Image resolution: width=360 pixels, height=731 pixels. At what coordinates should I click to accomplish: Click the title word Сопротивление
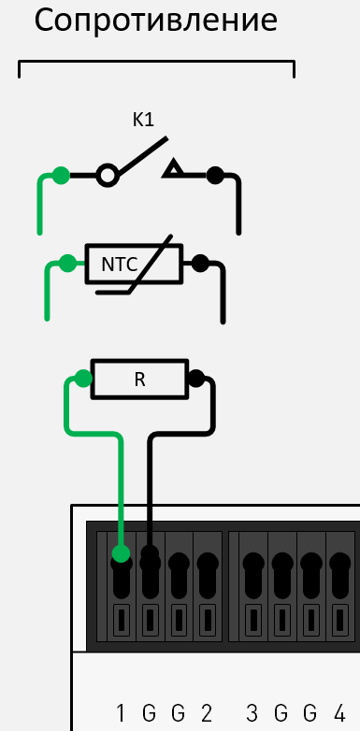tap(155, 21)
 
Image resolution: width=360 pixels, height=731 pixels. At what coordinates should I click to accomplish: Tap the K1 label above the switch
tap(143, 120)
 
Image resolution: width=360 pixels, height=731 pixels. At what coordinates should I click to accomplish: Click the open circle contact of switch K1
tap(108, 174)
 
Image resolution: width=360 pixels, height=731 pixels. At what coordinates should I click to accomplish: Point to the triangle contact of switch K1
tap(173, 171)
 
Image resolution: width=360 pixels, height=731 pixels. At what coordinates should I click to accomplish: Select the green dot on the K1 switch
tap(61, 174)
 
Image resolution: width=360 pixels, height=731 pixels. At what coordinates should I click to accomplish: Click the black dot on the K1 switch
tap(215, 174)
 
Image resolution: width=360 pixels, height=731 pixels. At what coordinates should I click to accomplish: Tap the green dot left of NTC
tap(66, 264)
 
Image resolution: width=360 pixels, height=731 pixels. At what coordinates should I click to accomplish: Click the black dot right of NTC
tap(199, 264)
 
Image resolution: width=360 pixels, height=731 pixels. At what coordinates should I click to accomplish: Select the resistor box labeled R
tap(138, 379)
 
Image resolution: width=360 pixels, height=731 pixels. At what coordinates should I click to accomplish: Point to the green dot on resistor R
tap(83, 379)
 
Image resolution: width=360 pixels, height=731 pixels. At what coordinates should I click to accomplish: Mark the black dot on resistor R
tap(195, 379)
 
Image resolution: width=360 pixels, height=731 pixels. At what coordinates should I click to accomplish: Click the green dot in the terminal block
tap(121, 554)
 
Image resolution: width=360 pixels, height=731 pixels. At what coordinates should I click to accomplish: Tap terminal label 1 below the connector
tap(120, 714)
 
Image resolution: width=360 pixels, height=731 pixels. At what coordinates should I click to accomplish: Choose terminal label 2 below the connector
tap(207, 714)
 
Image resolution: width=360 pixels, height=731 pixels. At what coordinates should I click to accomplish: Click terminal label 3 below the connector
tap(252, 714)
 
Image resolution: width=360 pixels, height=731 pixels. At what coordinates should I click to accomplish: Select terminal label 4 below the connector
tap(339, 714)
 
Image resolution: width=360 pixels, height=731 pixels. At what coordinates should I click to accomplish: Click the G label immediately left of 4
tap(310, 714)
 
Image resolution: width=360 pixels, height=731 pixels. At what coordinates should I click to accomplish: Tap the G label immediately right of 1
tap(149, 714)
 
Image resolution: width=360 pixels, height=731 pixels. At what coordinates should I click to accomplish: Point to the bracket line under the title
tap(156, 64)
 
